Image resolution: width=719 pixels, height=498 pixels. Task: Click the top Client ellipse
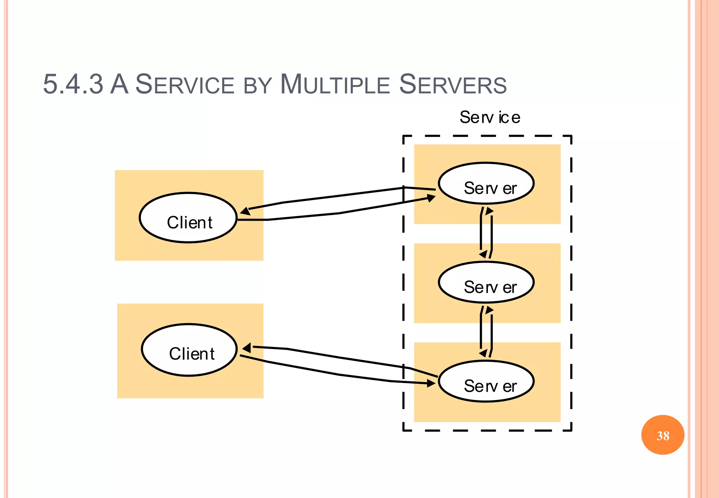[x=189, y=218]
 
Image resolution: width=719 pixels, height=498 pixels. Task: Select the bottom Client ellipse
[x=190, y=350]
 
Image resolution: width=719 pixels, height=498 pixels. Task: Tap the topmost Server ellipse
[x=486, y=183]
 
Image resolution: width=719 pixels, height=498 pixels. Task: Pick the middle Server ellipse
[x=486, y=282]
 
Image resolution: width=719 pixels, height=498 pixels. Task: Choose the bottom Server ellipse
[x=486, y=381]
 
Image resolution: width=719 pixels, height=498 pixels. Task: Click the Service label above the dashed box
[x=490, y=117]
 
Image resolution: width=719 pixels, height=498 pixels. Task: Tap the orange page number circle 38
[x=662, y=435]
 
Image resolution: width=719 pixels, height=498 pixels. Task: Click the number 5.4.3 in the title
[x=73, y=84]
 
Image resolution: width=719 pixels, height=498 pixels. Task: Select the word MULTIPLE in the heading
[x=335, y=85]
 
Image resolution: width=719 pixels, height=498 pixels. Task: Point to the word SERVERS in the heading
[x=453, y=85]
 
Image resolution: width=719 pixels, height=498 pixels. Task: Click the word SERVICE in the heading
[x=185, y=85]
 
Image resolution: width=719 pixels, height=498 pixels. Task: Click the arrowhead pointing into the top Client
[x=245, y=211]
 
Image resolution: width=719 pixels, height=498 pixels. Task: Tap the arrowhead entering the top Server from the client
[x=431, y=198]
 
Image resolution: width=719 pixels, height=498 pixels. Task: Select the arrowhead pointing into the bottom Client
[x=247, y=348]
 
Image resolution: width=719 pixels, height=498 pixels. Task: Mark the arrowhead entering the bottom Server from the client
[x=431, y=384]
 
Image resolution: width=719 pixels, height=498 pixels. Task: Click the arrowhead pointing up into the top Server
[x=489, y=211]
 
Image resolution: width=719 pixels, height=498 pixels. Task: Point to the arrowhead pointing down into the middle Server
[x=483, y=254]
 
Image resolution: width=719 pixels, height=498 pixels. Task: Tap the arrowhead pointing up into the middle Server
[x=489, y=310]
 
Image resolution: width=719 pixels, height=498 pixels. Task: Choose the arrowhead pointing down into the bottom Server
[x=483, y=353]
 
